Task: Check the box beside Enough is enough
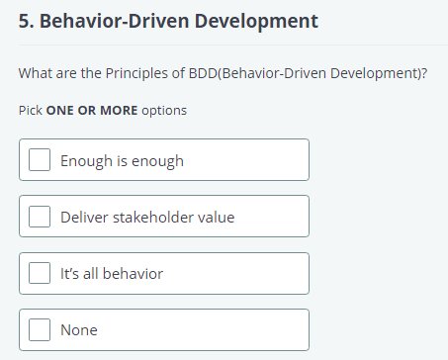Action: [40, 160]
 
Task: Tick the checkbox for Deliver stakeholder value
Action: [40, 217]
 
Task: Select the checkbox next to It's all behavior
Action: [40, 273]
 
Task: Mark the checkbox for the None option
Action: [40, 330]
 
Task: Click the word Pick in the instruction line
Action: [31, 110]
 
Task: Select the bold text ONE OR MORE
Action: [92, 110]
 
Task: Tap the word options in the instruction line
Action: [164, 110]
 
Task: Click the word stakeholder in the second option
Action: [154, 217]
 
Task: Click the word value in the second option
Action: [217, 217]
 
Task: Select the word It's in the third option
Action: [69, 273]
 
